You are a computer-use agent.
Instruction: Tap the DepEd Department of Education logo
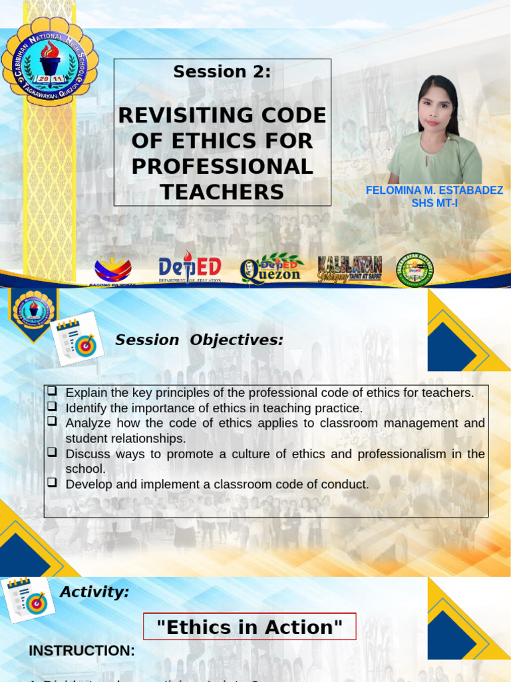point(190,268)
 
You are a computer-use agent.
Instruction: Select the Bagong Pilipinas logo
point(112,270)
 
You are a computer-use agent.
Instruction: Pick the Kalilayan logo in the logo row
point(350,268)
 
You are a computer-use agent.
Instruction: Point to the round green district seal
point(416,270)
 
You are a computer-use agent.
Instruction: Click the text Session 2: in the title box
point(222,72)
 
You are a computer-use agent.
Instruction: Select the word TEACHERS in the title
point(222,192)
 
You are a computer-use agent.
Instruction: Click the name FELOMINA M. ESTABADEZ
point(434,190)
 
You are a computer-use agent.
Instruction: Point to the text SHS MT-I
point(434,203)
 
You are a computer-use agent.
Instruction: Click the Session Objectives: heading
point(199,340)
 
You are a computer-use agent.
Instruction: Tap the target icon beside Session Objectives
point(78,339)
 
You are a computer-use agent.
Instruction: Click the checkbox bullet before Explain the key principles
point(53,392)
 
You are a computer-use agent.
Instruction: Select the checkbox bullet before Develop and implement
point(53,484)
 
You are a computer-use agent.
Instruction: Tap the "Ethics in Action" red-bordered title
point(250,627)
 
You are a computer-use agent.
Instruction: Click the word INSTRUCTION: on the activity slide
point(82,651)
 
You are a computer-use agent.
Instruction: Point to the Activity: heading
point(94,591)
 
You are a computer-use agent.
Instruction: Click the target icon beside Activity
point(29,599)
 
